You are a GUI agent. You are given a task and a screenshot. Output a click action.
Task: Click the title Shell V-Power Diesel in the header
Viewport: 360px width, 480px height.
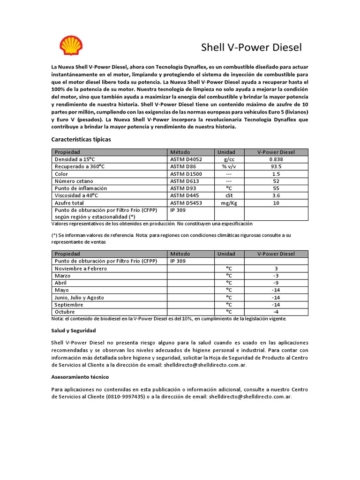pyautogui.click(x=251, y=47)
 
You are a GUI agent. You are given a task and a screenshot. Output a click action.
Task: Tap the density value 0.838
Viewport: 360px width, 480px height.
pyautogui.click(x=276, y=159)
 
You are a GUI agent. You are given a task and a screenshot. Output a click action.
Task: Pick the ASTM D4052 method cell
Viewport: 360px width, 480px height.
pyautogui.click(x=186, y=159)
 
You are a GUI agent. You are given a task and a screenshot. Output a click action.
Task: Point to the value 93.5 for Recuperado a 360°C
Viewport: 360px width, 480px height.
pyautogui.click(x=276, y=166)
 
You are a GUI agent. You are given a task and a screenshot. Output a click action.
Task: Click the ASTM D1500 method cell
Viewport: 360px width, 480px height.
pyautogui.click(x=186, y=174)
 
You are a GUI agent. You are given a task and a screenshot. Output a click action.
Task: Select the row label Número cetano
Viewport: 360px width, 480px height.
pyautogui.click(x=74, y=181)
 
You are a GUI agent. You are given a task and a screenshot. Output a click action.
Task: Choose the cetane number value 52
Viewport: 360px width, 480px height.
pyautogui.click(x=276, y=181)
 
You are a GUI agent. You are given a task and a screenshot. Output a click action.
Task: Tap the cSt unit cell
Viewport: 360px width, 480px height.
pyautogui.click(x=229, y=195)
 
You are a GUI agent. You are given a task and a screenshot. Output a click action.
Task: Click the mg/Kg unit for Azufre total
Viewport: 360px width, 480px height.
pyautogui.click(x=229, y=203)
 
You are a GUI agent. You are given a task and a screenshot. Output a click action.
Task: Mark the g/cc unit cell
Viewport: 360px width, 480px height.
pyautogui.click(x=229, y=159)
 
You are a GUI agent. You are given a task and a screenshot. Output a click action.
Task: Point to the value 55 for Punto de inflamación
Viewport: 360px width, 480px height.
pyautogui.click(x=276, y=188)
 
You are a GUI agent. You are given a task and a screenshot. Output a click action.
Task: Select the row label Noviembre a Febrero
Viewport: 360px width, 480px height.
pyautogui.click(x=81, y=269)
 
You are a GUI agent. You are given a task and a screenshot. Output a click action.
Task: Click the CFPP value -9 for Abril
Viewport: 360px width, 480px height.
pyautogui.click(x=276, y=283)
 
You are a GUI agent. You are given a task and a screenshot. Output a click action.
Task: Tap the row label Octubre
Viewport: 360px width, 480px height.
pyautogui.click(x=65, y=312)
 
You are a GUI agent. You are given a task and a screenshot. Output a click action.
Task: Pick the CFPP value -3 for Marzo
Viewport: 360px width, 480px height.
pyautogui.click(x=276, y=276)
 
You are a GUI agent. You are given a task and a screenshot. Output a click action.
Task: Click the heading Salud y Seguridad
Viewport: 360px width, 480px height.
pyautogui.click(x=73, y=330)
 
